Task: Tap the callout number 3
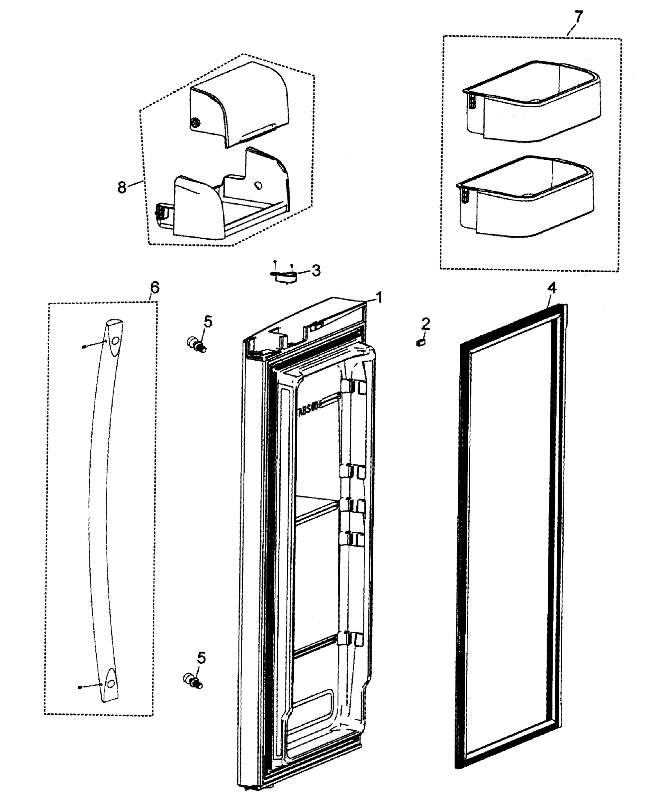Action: click(x=316, y=271)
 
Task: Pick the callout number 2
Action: click(x=425, y=324)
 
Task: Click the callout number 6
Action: click(x=154, y=287)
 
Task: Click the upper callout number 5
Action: click(x=208, y=322)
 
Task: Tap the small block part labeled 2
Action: click(x=420, y=342)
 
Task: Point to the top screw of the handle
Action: click(x=84, y=346)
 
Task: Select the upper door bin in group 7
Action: click(x=531, y=103)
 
